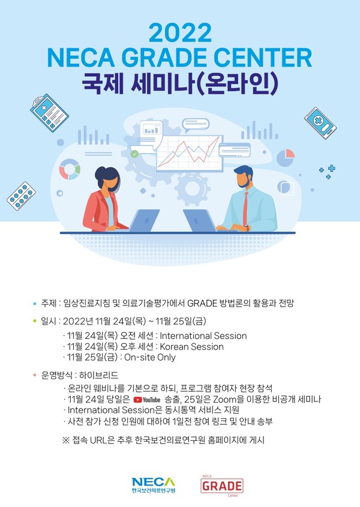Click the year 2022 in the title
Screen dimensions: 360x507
point(180,33)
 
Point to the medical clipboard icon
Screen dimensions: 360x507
point(49,113)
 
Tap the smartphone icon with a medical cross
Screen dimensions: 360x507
point(320,123)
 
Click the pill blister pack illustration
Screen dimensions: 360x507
point(21,196)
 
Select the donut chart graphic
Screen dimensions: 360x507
point(70,169)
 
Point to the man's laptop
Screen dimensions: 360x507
point(199,221)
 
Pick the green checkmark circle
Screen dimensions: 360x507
point(134,154)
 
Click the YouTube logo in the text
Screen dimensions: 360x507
point(147,400)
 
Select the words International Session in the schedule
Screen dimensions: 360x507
point(203,336)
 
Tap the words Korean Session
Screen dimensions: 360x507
point(192,347)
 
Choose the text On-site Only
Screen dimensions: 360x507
point(150,357)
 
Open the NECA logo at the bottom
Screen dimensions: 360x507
point(154,485)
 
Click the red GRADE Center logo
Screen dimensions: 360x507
point(222,485)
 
